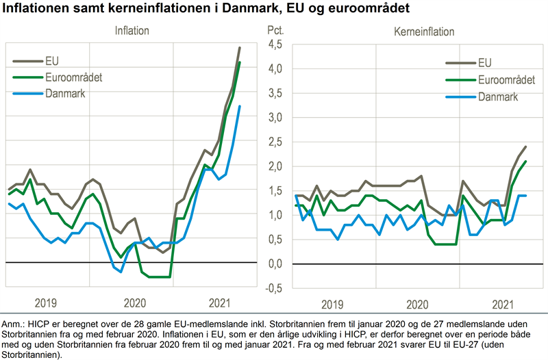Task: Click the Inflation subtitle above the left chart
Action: coord(132,31)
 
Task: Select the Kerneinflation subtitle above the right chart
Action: coord(424,31)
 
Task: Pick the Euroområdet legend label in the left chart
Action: coord(73,77)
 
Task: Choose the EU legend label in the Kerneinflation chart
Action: coord(484,63)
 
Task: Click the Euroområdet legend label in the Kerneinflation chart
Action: coord(506,80)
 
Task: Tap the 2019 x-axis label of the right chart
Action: coord(332,303)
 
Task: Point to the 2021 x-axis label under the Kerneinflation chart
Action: coord(503,303)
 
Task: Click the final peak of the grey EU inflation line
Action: coord(239,47)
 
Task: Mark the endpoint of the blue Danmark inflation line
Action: coord(240,106)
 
